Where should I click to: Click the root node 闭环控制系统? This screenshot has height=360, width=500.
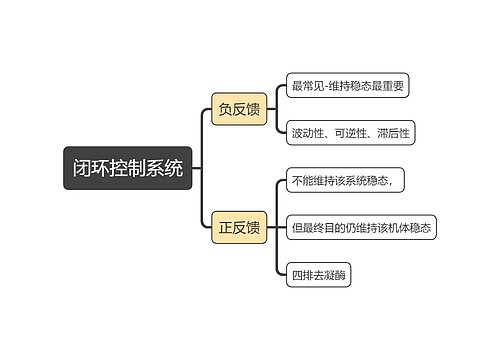(x=127, y=168)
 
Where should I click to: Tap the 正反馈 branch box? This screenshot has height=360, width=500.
(x=239, y=227)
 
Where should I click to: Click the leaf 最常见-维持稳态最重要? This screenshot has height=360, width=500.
(x=347, y=86)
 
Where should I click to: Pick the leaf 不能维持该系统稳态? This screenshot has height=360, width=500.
(x=345, y=180)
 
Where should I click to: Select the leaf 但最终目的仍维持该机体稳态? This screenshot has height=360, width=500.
(x=362, y=227)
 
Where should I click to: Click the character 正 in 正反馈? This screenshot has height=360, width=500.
(x=225, y=227)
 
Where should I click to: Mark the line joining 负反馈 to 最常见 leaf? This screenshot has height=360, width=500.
(x=274, y=95)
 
